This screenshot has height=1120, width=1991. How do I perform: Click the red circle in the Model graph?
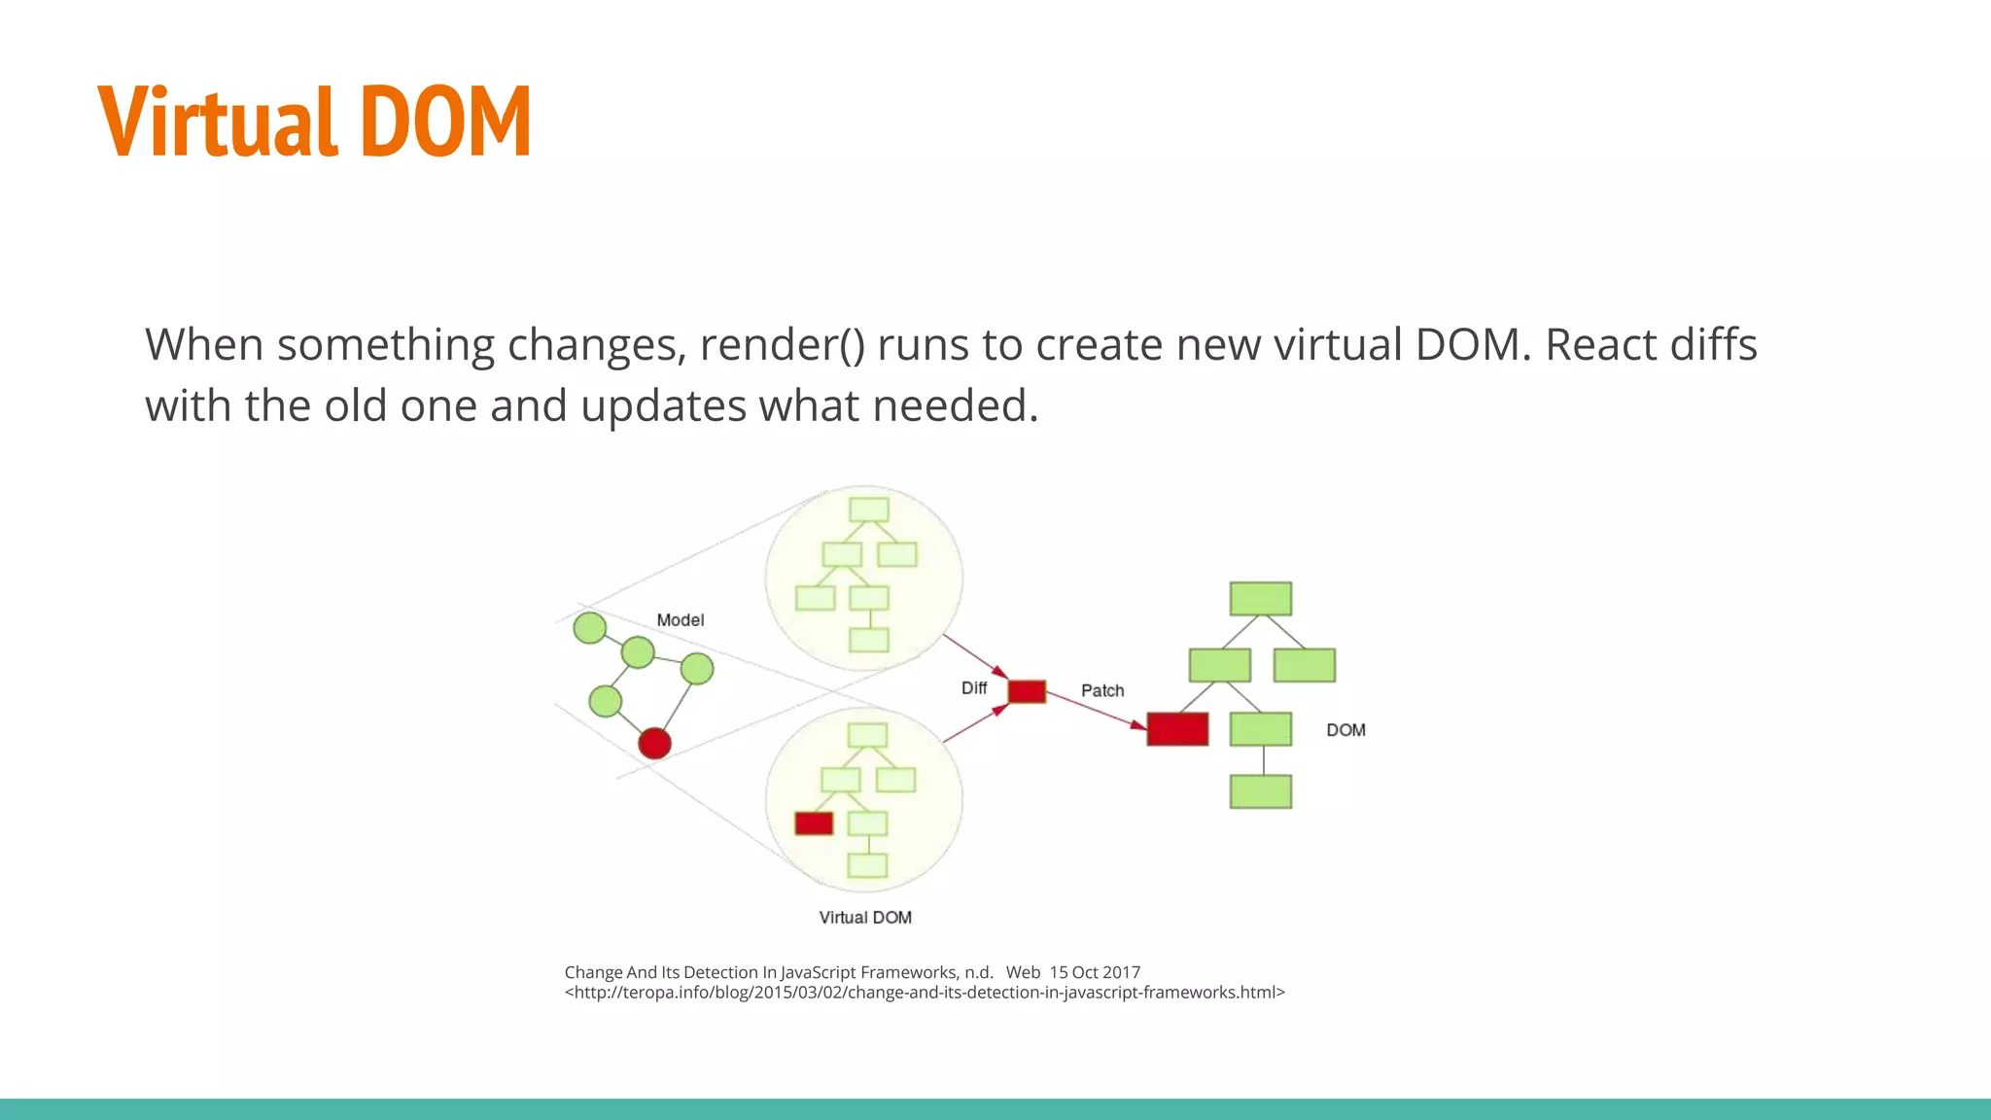pos(654,744)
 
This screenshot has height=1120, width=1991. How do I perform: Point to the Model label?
pos(680,620)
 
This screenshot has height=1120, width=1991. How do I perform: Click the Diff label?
pos(973,688)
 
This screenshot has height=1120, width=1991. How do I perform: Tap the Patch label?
pos(1102,691)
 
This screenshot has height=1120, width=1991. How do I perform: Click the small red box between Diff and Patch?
pos(1027,691)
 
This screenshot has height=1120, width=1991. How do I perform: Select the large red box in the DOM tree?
pos(1177,729)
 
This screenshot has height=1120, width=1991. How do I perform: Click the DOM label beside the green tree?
pos(1345,730)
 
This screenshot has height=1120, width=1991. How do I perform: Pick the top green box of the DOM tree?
pos(1260,599)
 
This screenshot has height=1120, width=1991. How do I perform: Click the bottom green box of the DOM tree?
pos(1260,791)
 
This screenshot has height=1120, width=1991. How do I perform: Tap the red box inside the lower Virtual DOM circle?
pos(814,823)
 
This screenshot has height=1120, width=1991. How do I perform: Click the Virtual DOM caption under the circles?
pos(865,918)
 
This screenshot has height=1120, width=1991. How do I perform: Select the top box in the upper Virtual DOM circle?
pos(868,509)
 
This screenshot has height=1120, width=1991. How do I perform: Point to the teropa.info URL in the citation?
pos(924,993)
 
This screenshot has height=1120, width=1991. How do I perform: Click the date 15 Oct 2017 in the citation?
pos(1095,972)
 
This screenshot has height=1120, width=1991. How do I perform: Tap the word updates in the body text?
pos(664,406)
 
